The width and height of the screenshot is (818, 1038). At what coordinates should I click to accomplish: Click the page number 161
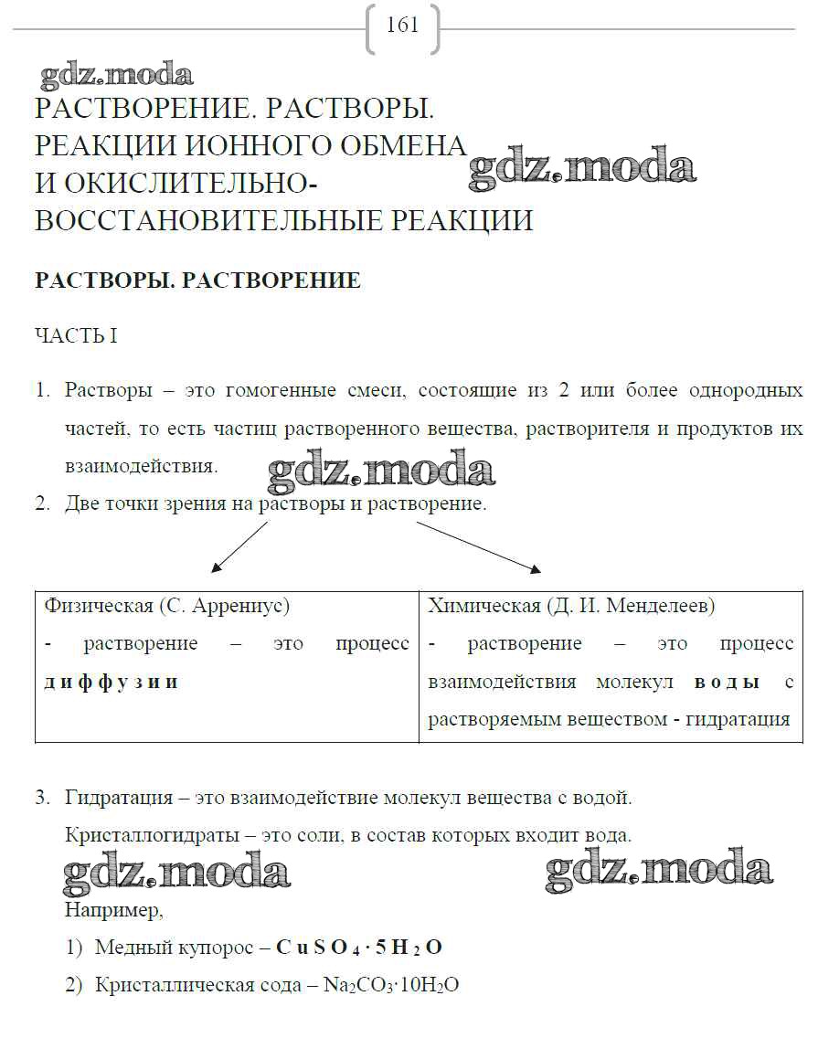pos(402,26)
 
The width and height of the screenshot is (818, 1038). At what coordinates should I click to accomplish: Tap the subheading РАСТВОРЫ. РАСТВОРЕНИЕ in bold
pos(197,281)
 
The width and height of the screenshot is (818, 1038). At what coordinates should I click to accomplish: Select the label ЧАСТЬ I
pos(76,336)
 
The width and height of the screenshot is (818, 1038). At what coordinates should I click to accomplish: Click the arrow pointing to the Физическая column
pos(239,547)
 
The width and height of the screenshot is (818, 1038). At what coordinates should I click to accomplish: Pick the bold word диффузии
pos(111,683)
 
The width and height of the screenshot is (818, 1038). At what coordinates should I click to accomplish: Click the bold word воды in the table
pos(728,683)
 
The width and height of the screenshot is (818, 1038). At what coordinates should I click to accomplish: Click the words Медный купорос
pos(174,948)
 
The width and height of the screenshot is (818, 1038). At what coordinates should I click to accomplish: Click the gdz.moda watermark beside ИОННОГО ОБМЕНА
pos(581,170)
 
